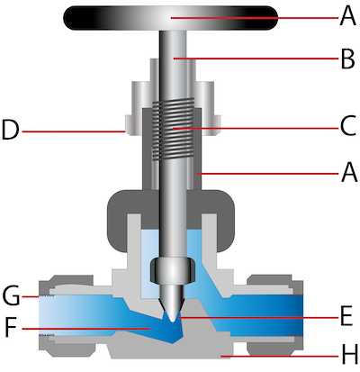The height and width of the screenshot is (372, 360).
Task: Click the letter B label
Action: pyautogui.click(x=348, y=59)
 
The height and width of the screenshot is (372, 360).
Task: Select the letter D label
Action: pyautogui.click(x=11, y=130)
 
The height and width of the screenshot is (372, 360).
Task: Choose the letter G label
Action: pyautogui.click(x=11, y=295)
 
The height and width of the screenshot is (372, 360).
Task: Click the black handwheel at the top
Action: pyautogui.click(x=170, y=18)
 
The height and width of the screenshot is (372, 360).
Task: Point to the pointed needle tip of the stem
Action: pyautogui.click(x=172, y=322)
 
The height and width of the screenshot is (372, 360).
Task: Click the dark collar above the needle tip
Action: pyautogui.click(x=173, y=270)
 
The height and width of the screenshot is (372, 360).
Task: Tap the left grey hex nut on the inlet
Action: pyautogui.click(x=67, y=313)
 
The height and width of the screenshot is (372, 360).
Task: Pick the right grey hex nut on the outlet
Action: pyautogui.click(x=274, y=313)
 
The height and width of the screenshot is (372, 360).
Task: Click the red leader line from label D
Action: pyautogui.click(x=73, y=132)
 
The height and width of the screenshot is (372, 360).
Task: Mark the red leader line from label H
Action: pyautogui.click(x=281, y=357)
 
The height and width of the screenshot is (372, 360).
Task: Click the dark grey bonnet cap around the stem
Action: pyautogui.click(x=171, y=210)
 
